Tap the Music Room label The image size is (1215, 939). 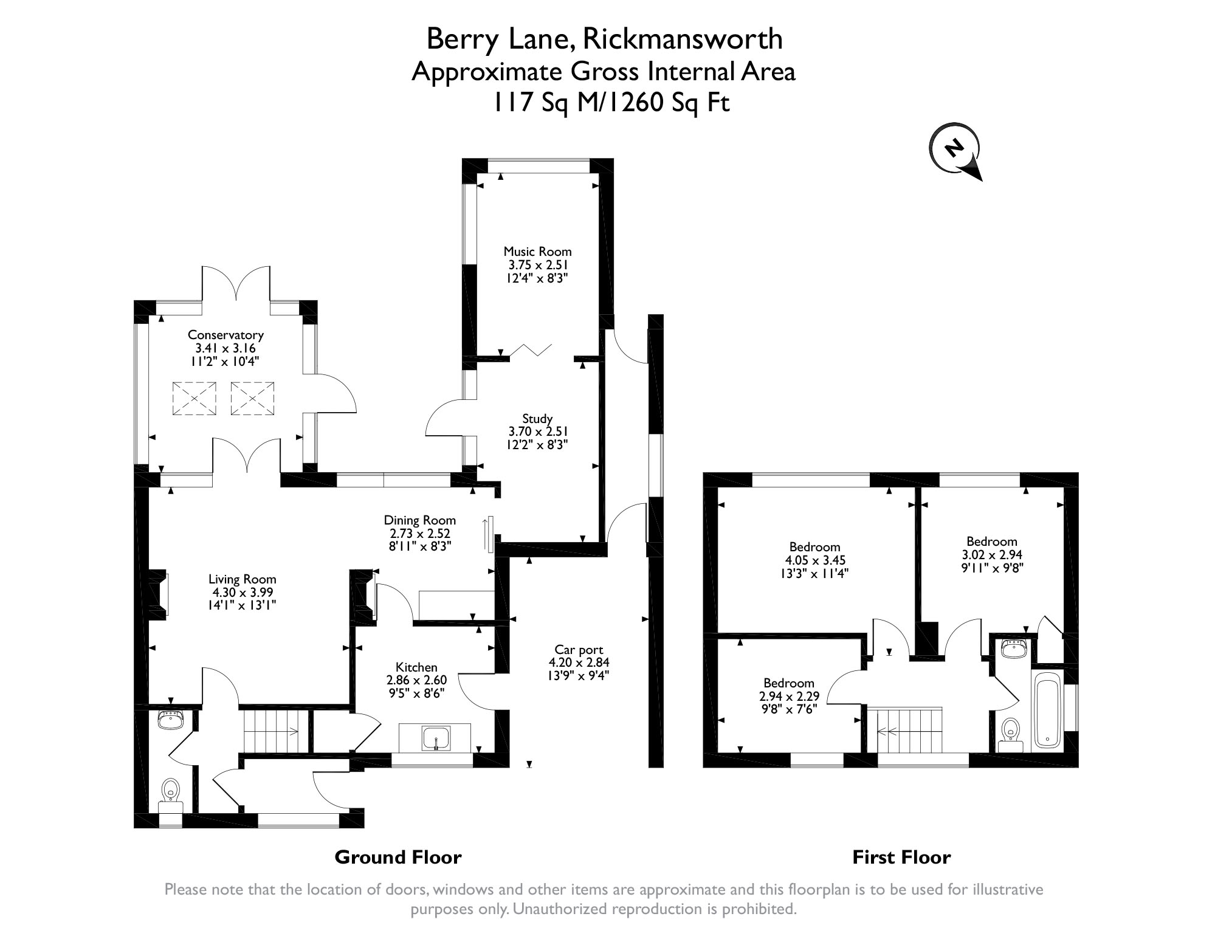click(x=537, y=252)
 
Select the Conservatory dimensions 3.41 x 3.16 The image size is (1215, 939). click(x=225, y=348)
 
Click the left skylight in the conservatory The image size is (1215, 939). click(x=194, y=399)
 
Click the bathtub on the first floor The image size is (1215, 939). click(x=1047, y=712)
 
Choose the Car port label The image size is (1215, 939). click(x=579, y=650)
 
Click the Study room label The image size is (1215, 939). click(x=537, y=419)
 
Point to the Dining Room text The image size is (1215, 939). click(x=419, y=520)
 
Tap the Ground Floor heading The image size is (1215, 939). click(x=398, y=858)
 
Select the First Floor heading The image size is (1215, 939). click(x=901, y=858)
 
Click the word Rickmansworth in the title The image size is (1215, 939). click(x=683, y=40)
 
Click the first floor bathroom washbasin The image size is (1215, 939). click(x=1013, y=649)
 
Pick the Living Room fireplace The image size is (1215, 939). click(x=159, y=594)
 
